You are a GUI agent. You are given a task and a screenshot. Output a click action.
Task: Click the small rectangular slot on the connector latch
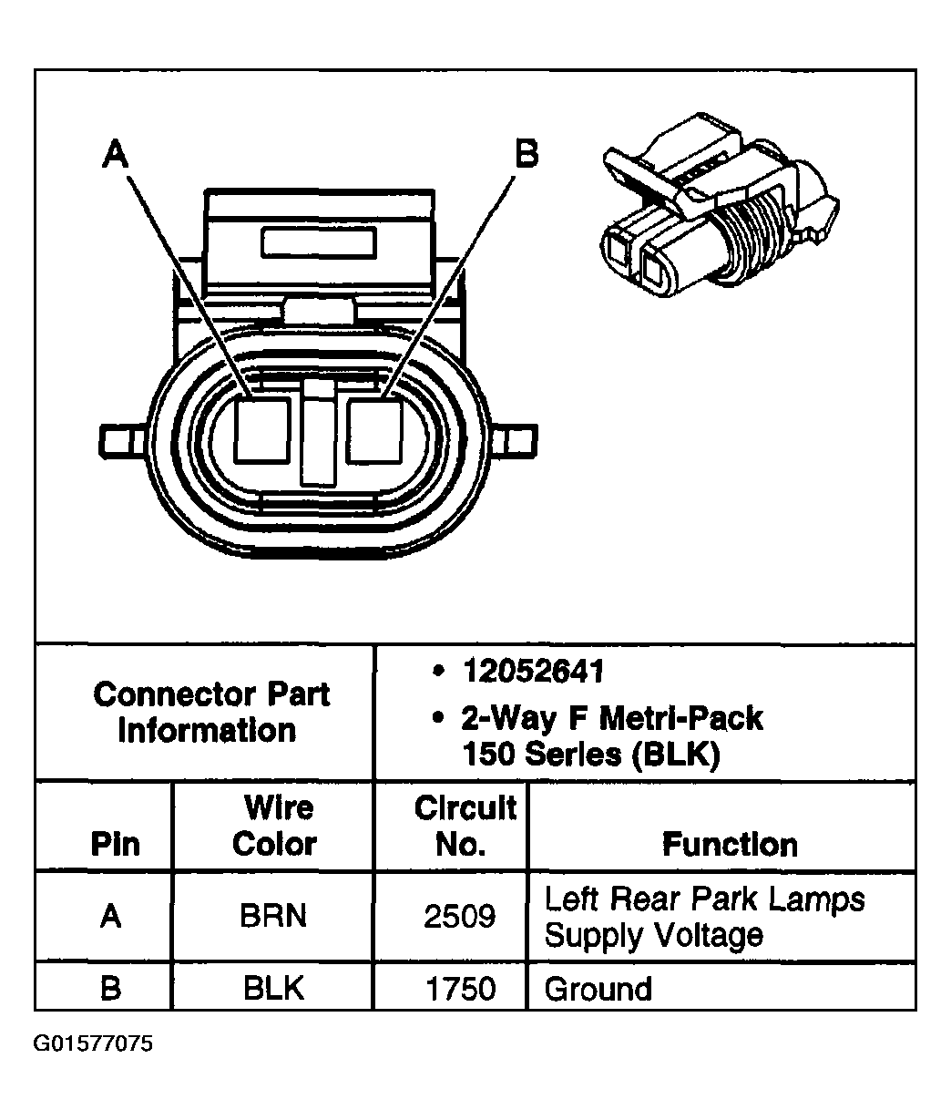coord(318,243)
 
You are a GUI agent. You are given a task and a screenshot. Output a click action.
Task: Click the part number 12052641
coord(533,673)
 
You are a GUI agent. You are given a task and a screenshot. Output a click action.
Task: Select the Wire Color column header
coord(274,826)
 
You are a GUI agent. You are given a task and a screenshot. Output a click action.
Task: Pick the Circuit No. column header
coord(464,826)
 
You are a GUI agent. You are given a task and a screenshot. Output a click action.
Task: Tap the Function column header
coord(729,845)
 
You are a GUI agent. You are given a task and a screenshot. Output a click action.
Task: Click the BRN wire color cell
coord(273,916)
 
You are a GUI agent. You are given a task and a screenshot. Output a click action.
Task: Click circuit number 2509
coord(460,916)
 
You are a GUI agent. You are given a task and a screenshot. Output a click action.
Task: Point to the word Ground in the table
coord(598,989)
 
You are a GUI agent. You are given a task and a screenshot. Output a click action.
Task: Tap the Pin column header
coord(116,845)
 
